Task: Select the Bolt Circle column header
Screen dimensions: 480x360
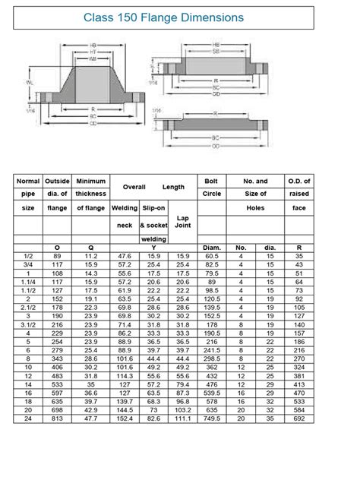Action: click(x=211, y=194)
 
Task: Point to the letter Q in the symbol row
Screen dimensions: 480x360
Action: click(x=91, y=247)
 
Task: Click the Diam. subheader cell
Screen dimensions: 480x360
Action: click(x=211, y=247)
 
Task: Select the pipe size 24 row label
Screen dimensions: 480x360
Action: click(x=28, y=418)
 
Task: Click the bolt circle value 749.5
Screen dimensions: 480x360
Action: click(x=211, y=418)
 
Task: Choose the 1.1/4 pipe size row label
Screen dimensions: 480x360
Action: click(x=28, y=282)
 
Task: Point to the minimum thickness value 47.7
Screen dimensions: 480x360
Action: click(x=91, y=418)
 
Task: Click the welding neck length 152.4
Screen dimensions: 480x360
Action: click(x=125, y=418)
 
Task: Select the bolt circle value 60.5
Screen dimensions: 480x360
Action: click(x=211, y=256)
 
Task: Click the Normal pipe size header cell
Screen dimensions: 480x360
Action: click(x=28, y=194)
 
